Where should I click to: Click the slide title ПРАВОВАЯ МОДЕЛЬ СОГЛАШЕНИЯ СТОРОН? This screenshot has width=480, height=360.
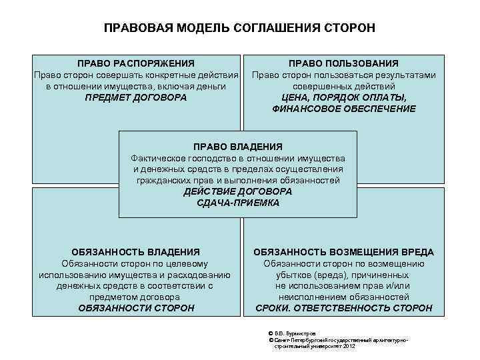(x=239, y=28)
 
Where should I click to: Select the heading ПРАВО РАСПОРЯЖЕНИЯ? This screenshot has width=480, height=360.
(x=136, y=63)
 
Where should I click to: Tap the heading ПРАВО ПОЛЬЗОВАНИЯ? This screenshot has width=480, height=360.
(x=343, y=63)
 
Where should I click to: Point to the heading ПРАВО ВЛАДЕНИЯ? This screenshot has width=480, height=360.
(x=238, y=146)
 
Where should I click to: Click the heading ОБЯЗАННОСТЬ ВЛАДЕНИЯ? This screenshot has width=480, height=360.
(x=136, y=252)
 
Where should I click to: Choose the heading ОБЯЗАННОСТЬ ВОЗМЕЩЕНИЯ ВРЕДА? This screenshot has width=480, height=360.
(x=344, y=252)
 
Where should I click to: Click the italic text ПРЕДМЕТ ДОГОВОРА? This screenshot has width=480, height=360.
(x=136, y=97)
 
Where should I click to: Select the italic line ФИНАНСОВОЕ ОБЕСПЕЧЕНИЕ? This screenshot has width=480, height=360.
(x=344, y=109)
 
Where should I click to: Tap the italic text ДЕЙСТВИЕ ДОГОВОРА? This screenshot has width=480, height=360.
(x=238, y=191)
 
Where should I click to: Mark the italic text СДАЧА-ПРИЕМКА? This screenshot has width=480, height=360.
(x=238, y=203)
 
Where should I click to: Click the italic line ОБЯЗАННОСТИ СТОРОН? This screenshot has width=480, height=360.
(x=136, y=308)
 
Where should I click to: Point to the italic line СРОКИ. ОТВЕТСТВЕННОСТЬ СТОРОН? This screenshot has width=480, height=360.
(x=344, y=308)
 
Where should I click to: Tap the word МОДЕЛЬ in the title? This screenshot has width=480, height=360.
(x=199, y=28)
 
